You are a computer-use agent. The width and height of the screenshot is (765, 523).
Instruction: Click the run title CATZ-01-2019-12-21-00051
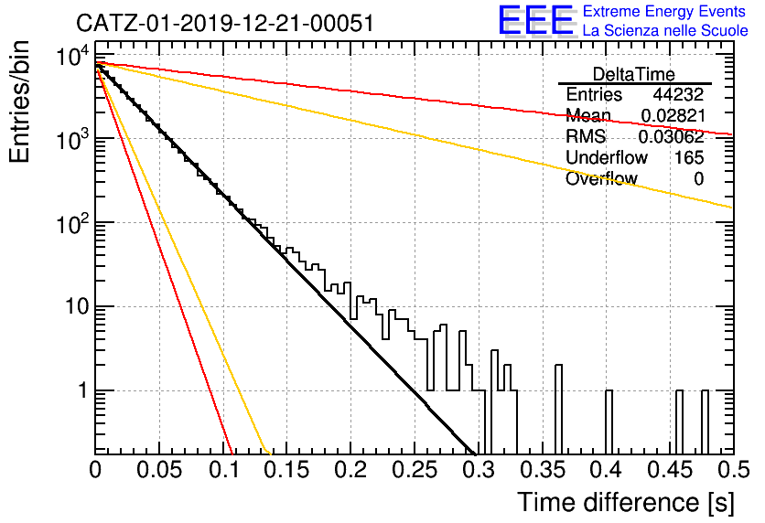[x=225, y=23]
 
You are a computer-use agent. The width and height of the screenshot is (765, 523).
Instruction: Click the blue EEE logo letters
[x=536, y=20]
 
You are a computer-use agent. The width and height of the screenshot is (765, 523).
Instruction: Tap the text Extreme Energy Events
[x=663, y=11]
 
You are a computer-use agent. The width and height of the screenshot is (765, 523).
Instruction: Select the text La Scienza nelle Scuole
[x=665, y=30]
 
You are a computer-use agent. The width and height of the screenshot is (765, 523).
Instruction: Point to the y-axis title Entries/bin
[x=19, y=101]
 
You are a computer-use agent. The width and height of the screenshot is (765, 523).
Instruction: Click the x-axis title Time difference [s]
[x=626, y=502]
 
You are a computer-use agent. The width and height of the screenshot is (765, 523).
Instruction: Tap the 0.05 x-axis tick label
[x=159, y=470]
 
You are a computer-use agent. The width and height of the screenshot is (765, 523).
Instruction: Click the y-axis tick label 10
[x=76, y=307]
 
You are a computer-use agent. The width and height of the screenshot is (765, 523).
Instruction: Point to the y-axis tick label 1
[x=83, y=391]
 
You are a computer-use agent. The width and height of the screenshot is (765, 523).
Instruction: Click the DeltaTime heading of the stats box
[x=634, y=74]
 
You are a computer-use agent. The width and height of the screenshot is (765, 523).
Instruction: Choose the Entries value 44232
[x=678, y=94]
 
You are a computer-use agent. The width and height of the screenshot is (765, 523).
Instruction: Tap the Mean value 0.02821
[x=673, y=115]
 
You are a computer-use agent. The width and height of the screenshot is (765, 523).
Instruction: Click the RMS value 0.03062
[x=672, y=136]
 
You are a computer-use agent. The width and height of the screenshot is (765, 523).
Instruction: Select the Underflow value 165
[x=689, y=157]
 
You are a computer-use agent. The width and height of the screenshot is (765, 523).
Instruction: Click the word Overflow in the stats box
[x=601, y=178]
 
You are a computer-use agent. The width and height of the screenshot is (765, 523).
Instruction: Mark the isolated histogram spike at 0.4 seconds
[x=609, y=422]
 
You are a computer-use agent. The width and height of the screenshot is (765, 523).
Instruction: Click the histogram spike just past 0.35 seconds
[x=558, y=409]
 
